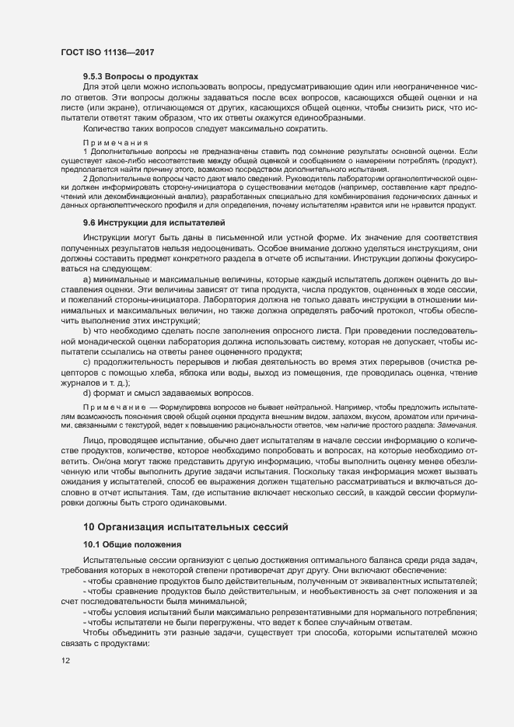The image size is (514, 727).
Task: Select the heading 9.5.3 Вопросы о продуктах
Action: [x=135, y=77]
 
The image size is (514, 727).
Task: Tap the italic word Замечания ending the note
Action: [x=455, y=425]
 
